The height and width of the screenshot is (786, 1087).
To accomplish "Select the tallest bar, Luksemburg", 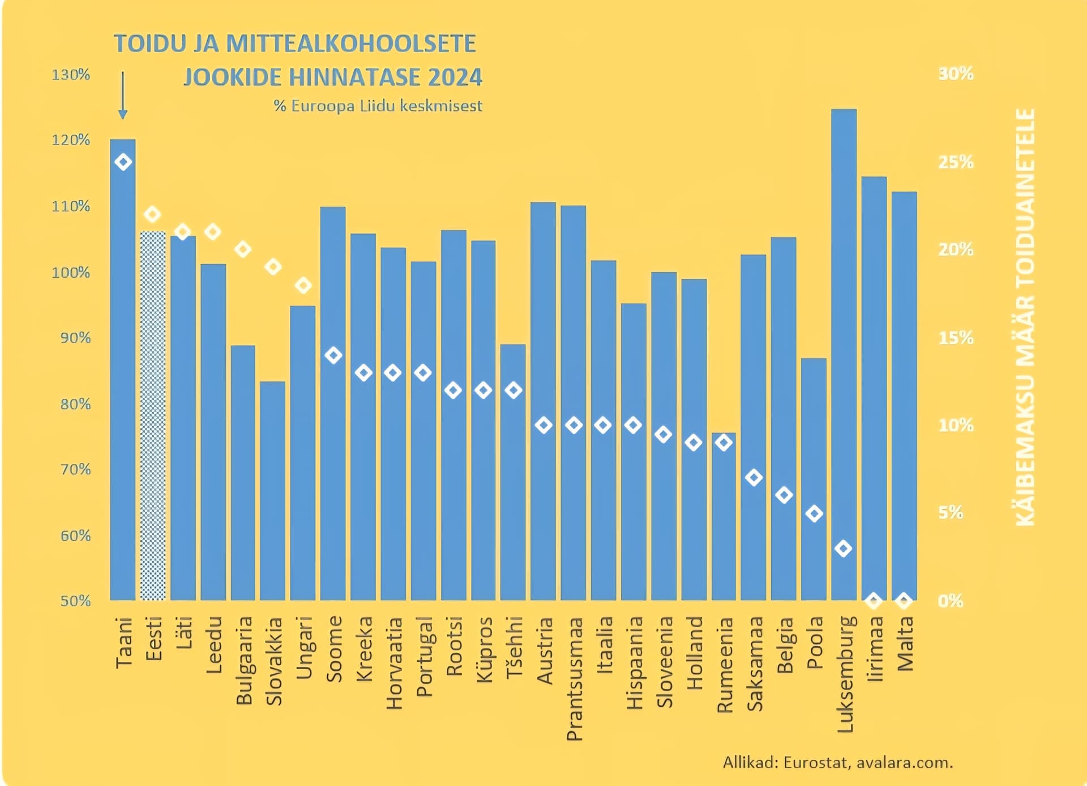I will (x=844, y=340).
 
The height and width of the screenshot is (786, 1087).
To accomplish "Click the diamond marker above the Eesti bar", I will (x=152, y=214).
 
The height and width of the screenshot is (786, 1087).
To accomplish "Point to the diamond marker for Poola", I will (x=814, y=514).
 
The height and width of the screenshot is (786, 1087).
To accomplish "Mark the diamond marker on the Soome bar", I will (x=333, y=355).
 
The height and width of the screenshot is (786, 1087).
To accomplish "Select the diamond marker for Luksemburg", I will (x=844, y=549).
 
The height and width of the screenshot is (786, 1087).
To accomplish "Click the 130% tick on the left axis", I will (x=71, y=75).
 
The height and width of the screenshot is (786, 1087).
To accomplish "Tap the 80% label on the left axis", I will (x=75, y=404).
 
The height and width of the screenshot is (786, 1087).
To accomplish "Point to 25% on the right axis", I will (x=956, y=162).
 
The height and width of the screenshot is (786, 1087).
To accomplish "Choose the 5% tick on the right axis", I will (x=951, y=513).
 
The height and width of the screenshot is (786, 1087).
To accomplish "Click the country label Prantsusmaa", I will (x=574, y=678).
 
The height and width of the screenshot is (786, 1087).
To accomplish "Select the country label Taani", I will (x=123, y=643).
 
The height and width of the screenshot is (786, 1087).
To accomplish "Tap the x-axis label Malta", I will (x=905, y=644).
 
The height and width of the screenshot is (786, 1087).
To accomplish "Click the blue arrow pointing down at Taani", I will (x=123, y=95).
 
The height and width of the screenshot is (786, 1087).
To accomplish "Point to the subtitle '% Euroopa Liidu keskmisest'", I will (x=378, y=106).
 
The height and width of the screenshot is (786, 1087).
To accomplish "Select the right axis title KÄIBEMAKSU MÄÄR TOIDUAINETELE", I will (x=1025, y=317).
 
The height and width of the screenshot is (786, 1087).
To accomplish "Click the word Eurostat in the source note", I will (x=815, y=763).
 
